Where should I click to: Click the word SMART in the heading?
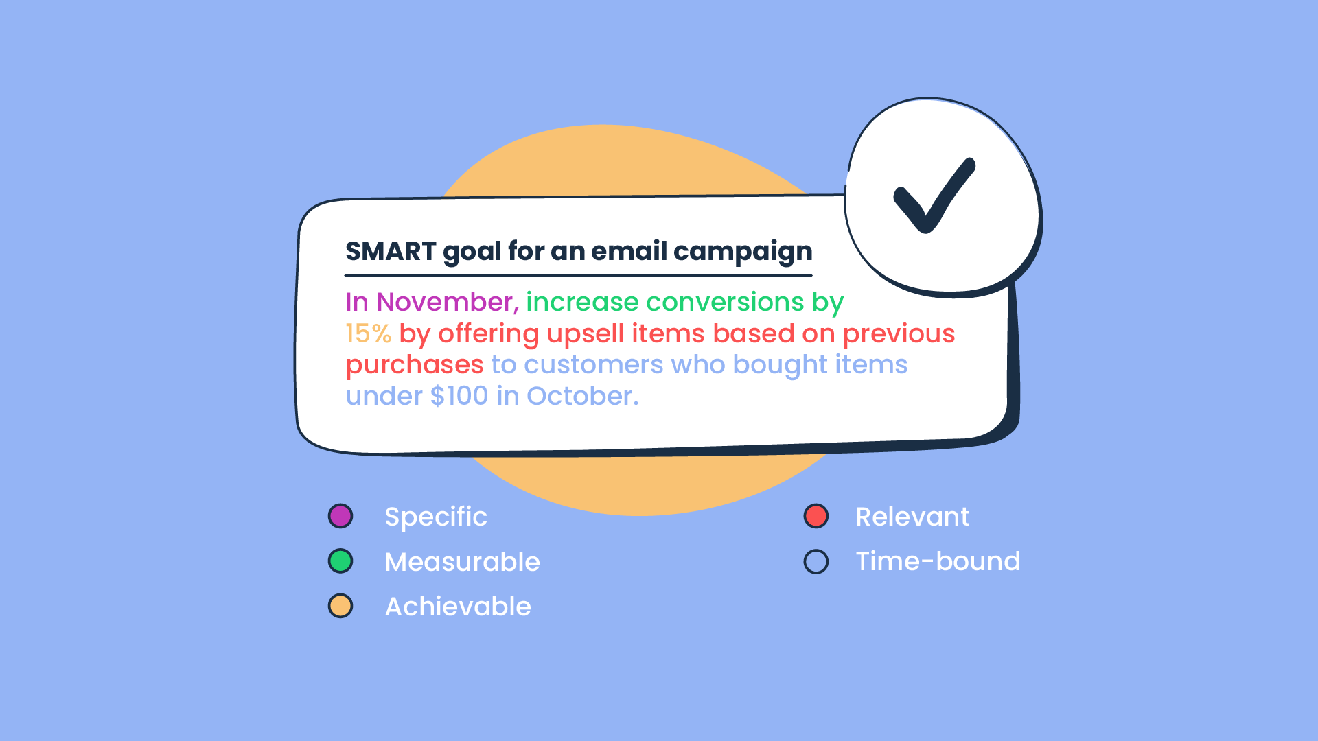[x=391, y=252]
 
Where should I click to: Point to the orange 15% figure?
[x=369, y=334]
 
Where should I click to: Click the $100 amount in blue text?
[x=459, y=396]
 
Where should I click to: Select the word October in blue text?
[x=582, y=396]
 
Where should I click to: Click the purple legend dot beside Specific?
[x=340, y=516]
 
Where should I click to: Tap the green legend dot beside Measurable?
[x=340, y=561]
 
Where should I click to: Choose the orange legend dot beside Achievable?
[x=340, y=607]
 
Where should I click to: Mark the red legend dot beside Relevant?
[x=816, y=516]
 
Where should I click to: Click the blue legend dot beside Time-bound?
[x=816, y=561]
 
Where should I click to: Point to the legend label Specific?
[x=436, y=517]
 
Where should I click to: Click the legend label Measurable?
[x=463, y=562]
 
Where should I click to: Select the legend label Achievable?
[x=458, y=607]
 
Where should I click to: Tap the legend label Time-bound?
[x=938, y=561]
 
